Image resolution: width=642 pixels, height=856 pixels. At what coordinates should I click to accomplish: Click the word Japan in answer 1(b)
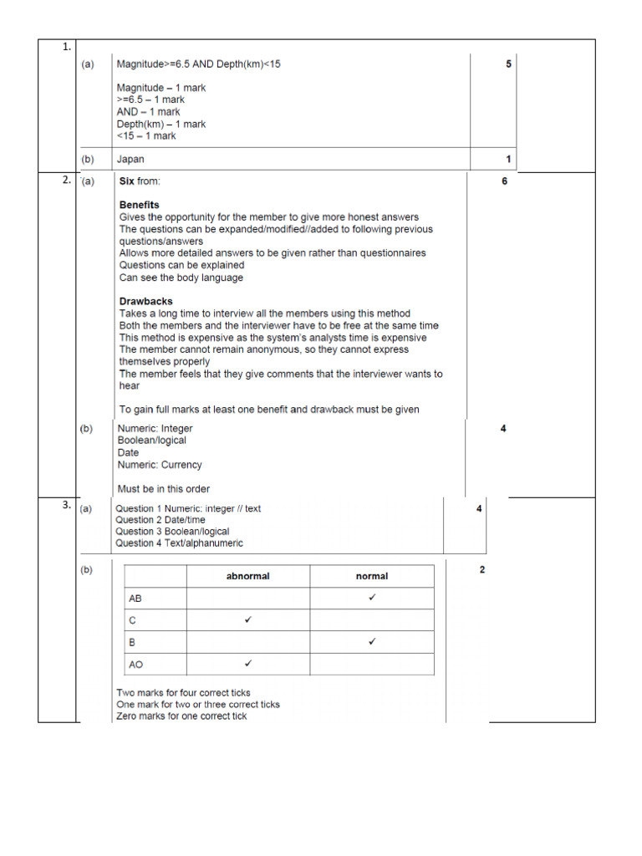130,160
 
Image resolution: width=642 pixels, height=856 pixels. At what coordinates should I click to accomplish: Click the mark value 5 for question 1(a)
508,64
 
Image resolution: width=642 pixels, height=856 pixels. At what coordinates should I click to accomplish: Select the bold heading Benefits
139,205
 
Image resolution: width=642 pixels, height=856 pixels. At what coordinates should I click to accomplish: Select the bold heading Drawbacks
145,302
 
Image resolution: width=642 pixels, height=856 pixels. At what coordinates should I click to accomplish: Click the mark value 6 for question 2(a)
504,181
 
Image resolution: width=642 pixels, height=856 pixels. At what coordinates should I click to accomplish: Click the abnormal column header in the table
247,576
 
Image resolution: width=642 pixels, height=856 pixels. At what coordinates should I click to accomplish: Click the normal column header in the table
371,576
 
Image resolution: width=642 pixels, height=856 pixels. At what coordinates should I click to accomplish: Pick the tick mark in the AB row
372,599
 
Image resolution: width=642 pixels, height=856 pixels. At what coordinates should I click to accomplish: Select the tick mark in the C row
248,620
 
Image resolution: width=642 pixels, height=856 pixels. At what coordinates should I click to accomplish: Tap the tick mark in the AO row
248,664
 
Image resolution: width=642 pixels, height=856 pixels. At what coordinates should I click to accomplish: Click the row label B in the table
132,642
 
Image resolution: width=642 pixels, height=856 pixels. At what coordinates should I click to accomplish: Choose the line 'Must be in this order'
164,489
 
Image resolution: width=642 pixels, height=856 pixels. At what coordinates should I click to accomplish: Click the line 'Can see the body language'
181,278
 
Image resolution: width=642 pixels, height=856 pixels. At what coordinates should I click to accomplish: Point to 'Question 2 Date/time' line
160,520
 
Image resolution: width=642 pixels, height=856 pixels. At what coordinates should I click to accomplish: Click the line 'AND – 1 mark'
148,112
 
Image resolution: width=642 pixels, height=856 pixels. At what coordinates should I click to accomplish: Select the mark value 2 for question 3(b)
482,570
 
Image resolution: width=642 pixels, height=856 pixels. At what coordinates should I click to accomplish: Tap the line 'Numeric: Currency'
159,465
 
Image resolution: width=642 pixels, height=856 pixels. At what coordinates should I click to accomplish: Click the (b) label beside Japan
88,160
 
